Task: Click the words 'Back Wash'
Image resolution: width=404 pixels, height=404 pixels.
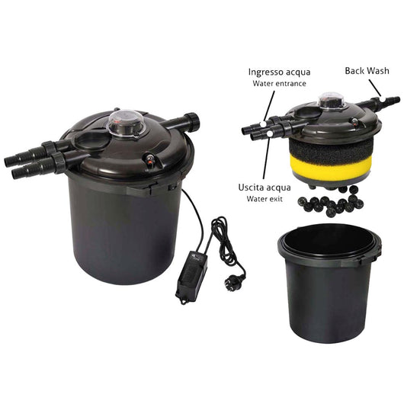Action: click(x=367, y=71)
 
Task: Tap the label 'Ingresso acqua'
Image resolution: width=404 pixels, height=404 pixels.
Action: click(x=279, y=72)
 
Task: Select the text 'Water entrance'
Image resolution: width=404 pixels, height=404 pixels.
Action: click(x=279, y=84)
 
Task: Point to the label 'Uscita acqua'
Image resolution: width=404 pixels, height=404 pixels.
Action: click(x=265, y=188)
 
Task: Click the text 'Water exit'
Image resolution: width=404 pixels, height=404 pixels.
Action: click(x=265, y=199)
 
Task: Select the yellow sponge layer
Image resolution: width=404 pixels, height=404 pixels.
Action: click(x=332, y=164)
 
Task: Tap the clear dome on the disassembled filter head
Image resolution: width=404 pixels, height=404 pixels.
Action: click(x=332, y=99)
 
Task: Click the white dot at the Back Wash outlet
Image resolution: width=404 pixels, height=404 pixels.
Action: click(x=383, y=99)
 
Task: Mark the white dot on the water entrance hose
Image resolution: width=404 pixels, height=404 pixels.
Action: click(x=262, y=124)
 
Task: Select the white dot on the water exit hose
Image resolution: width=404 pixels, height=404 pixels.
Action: click(x=270, y=133)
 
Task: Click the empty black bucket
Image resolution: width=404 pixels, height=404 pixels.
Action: click(x=329, y=283)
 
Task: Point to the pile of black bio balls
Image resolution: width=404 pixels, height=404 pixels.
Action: click(x=331, y=201)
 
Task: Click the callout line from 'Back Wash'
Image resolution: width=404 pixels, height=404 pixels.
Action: click(x=375, y=88)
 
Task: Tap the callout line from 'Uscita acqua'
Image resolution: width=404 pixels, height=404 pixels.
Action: click(x=267, y=158)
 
